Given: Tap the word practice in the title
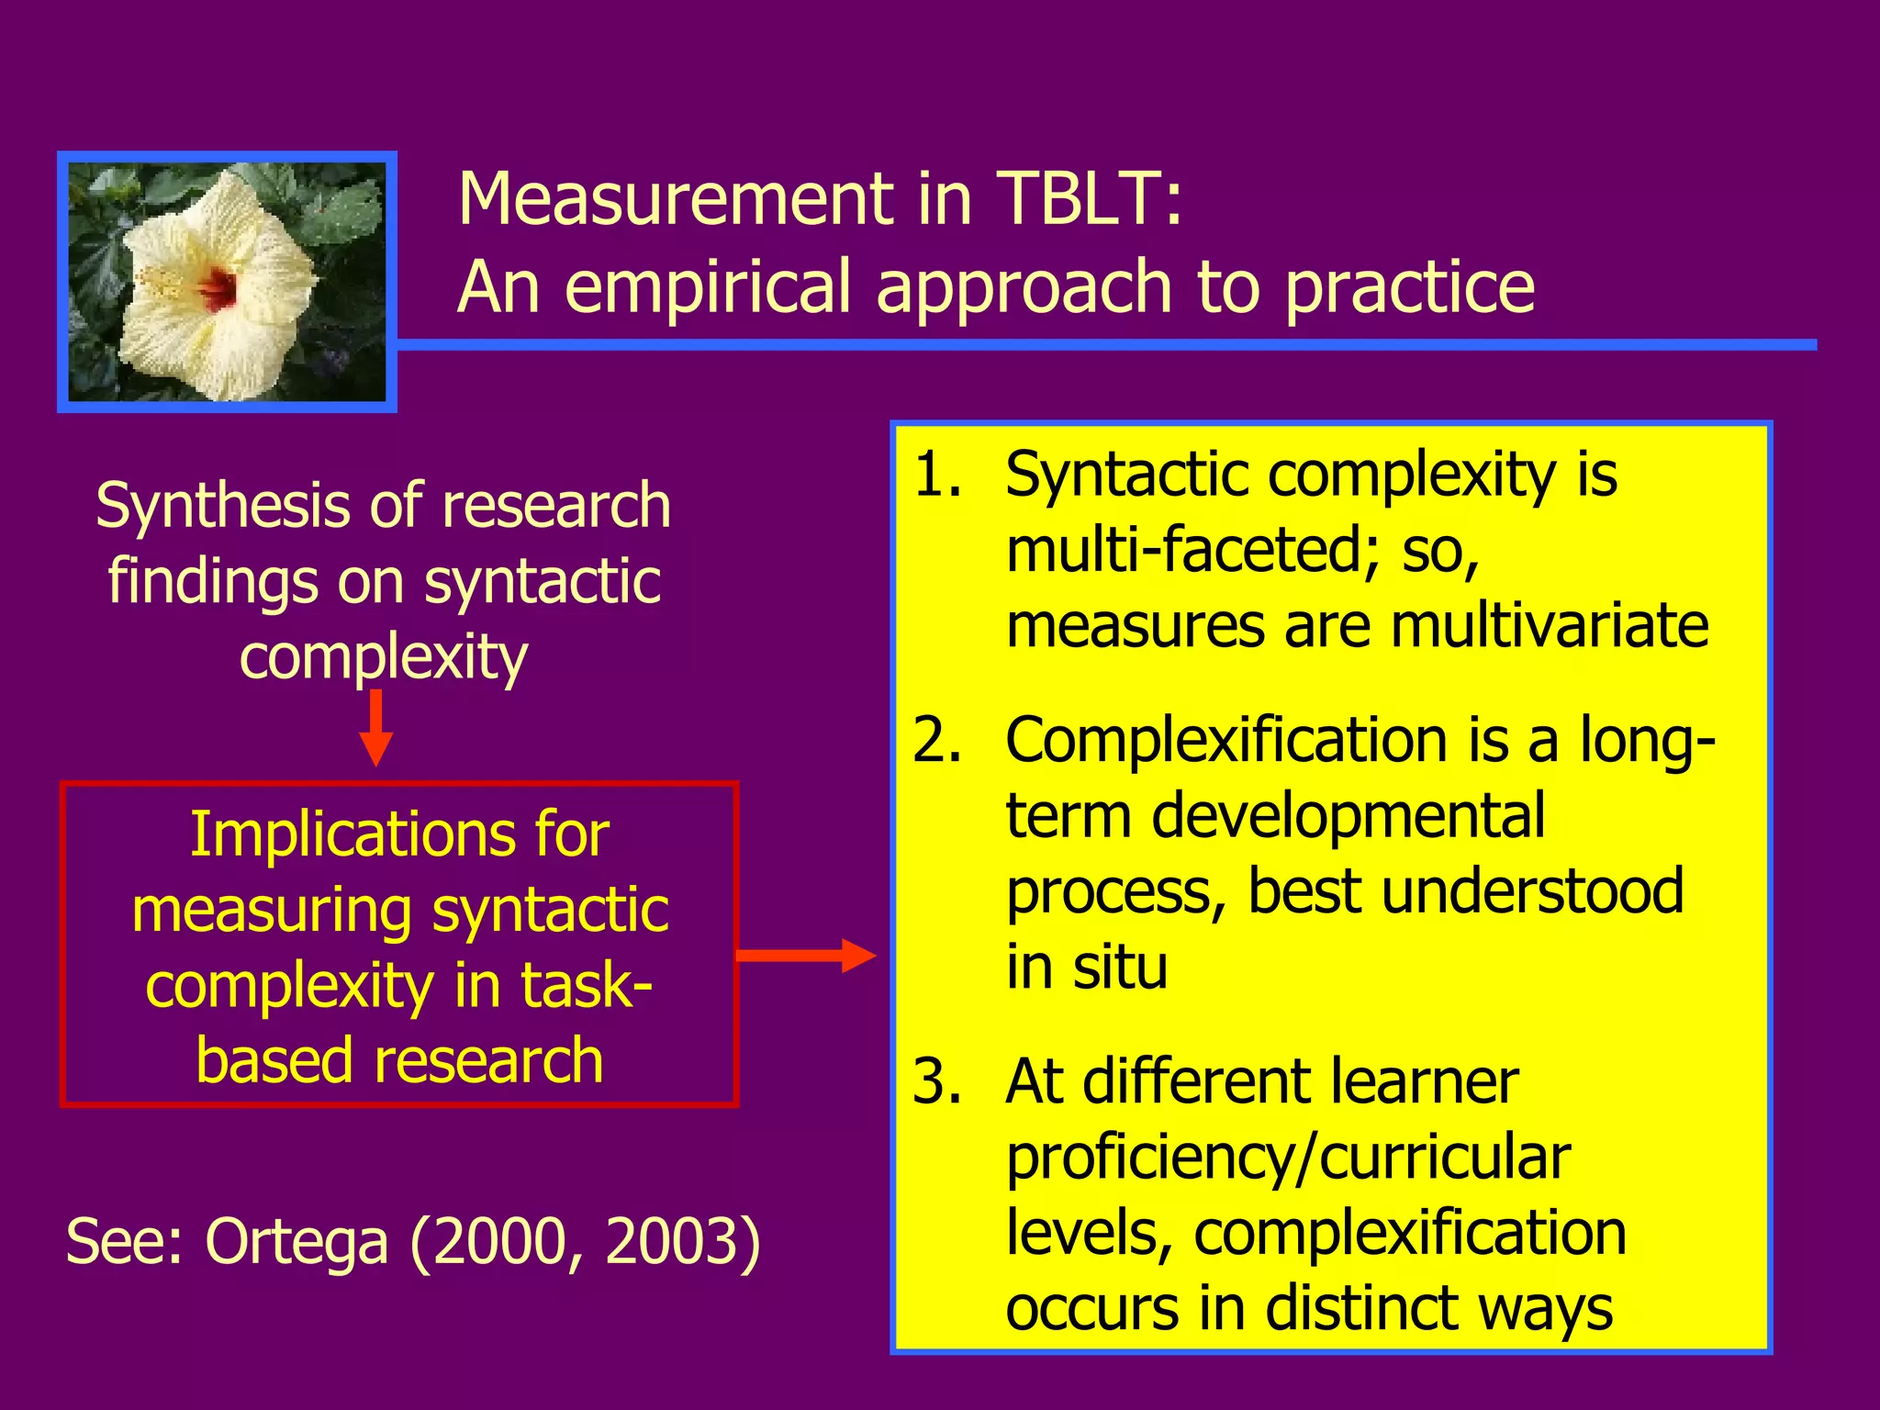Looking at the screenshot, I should [x=1409, y=288].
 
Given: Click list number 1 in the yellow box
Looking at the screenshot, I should [x=937, y=476].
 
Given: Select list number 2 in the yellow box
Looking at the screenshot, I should [x=937, y=740].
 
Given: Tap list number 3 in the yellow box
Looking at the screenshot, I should [x=937, y=1081].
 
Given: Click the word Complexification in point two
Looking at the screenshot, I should [x=1227, y=740].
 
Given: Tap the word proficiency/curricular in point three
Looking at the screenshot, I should [x=1288, y=1158].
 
